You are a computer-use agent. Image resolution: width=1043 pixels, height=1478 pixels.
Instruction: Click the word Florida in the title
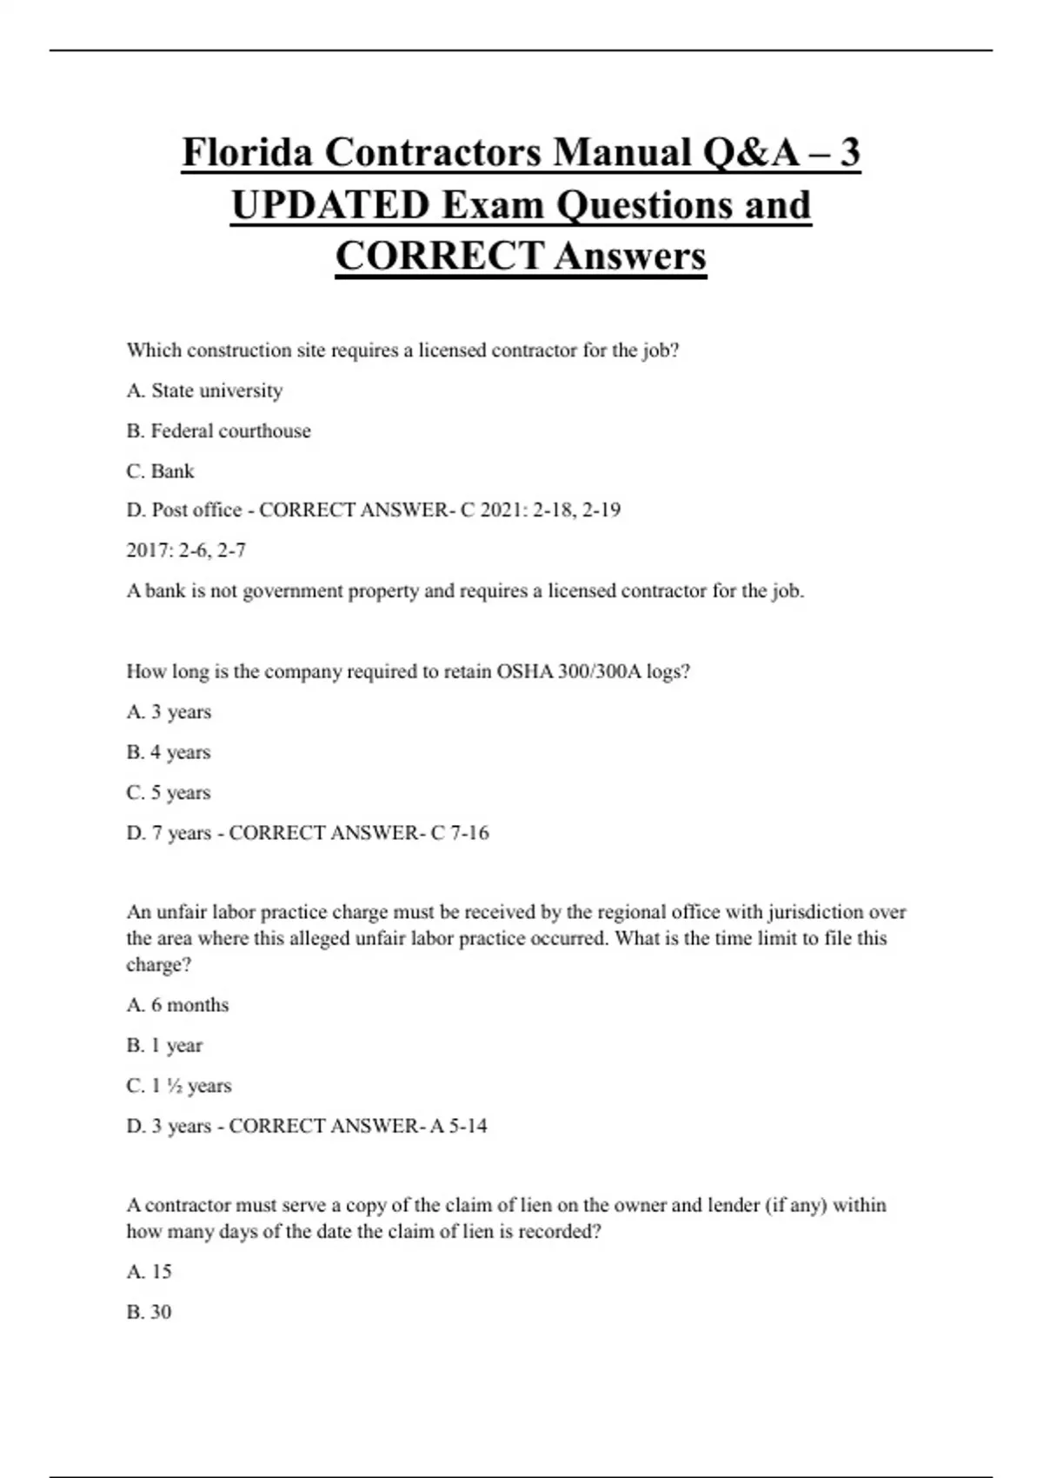pos(247,153)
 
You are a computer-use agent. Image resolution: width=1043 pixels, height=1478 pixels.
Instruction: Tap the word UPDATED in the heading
pos(329,205)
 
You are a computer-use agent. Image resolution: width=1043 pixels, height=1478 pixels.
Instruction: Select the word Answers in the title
pos(630,256)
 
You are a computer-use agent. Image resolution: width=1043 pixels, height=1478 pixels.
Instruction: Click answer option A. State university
pos(204,390)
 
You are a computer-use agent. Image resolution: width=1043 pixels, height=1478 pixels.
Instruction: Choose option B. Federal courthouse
pos(218,430)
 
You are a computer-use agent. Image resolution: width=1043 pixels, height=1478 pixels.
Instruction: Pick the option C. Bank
pos(160,470)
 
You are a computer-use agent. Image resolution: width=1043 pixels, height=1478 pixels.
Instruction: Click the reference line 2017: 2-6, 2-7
pos(186,550)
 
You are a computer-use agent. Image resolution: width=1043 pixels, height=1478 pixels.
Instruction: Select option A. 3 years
pos(169,712)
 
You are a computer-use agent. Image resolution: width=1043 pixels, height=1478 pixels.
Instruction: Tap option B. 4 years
pos(169,752)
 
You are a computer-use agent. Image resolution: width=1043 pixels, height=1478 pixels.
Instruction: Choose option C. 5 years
pos(169,792)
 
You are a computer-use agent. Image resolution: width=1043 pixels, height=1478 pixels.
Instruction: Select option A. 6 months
pos(177,1005)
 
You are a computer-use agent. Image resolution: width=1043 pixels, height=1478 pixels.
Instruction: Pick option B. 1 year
pos(164,1045)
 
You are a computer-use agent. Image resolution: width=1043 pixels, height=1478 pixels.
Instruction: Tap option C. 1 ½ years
pos(179,1086)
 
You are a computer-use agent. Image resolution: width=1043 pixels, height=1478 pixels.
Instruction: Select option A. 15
pos(149,1271)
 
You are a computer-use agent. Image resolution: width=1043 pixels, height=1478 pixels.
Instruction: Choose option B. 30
pos(149,1312)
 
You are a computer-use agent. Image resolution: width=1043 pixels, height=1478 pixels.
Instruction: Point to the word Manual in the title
pos(622,153)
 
